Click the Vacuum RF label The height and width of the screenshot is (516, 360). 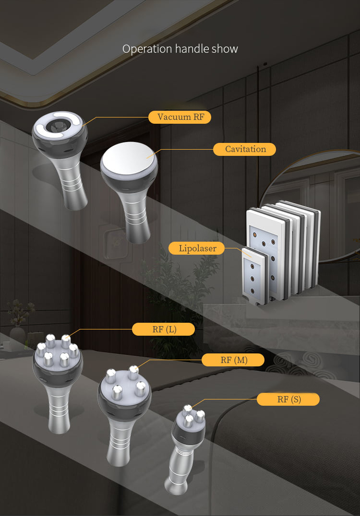(180, 117)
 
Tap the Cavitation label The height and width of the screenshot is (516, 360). (244, 149)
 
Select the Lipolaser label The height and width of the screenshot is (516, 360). (197, 248)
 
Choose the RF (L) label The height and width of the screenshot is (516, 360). (163, 329)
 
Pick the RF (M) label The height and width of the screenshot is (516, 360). (233, 360)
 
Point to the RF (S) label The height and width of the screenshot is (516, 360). (288, 399)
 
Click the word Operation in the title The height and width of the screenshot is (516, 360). (147, 49)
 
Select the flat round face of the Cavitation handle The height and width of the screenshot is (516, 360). (128, 158)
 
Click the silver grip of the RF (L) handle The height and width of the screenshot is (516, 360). (59, 408)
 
